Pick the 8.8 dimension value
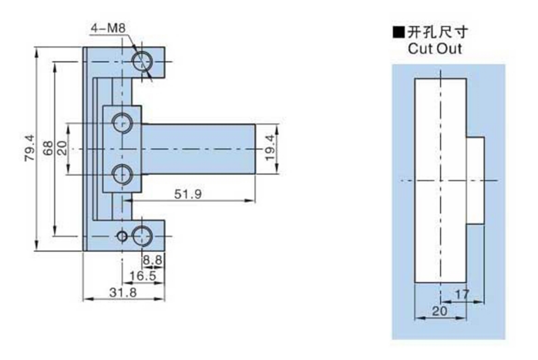point(152,261)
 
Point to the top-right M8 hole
point(143,62)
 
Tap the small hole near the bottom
point(121,235)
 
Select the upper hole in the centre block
point(122,122)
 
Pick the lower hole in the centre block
point(122,174)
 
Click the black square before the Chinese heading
point(398,33)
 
